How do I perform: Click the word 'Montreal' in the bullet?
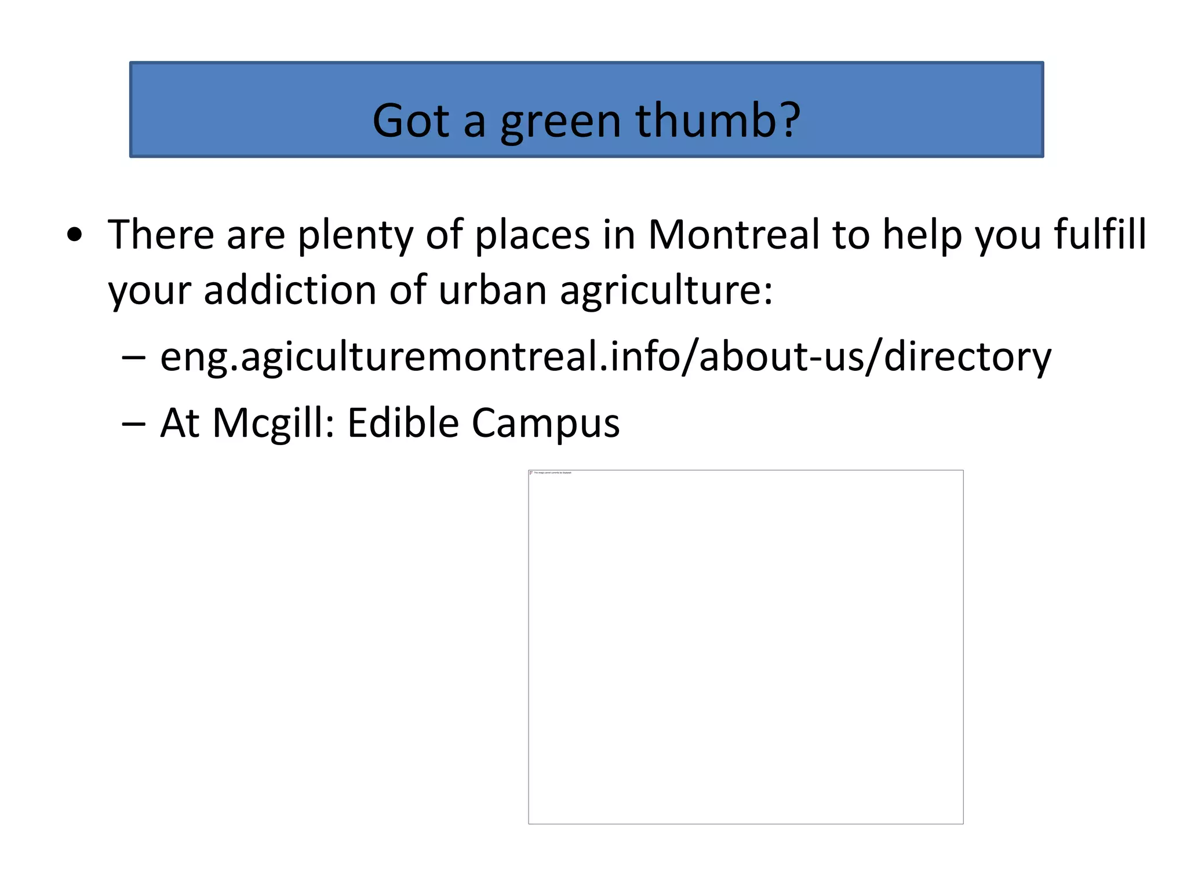(734, 235)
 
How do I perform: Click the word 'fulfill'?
(1099, 235)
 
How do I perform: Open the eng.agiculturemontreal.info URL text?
(605, 357)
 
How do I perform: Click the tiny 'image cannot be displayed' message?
(551, 473)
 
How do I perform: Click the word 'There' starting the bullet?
(161, 235)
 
